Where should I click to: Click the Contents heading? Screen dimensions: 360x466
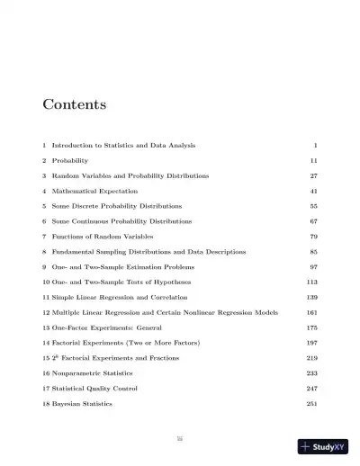pos(74,104)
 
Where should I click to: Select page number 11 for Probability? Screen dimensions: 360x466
pos(313,160)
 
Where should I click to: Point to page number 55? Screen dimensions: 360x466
pos(313,206)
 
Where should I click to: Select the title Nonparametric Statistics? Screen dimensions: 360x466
pos(97,374)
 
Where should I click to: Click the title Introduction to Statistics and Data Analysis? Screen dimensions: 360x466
pos(123,145)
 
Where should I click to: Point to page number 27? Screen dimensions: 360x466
pos(313,175)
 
